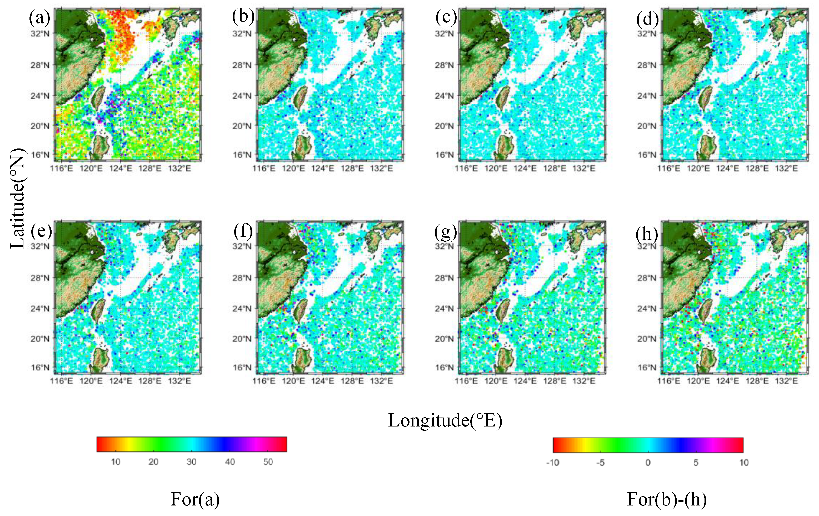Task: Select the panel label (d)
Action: (x=647, y=19)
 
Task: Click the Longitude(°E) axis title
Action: (x=445, y=420)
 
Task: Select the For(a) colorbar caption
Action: (x=195, y=499)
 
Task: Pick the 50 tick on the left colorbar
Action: (x=268, y=462)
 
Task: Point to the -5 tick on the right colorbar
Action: (x=600, y=463)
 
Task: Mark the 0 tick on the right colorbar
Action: (x=648, y=463)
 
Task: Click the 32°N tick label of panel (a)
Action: (x=40, y=34)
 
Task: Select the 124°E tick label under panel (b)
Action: (x=322, y=168)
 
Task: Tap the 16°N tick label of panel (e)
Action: (x=40, y=367)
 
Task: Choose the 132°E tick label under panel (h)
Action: (x=786, y=381)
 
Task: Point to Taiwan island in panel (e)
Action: (x=99, y=310)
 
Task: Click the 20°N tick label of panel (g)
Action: (x=444, y=339)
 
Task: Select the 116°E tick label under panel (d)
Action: (x=669, y=168)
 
